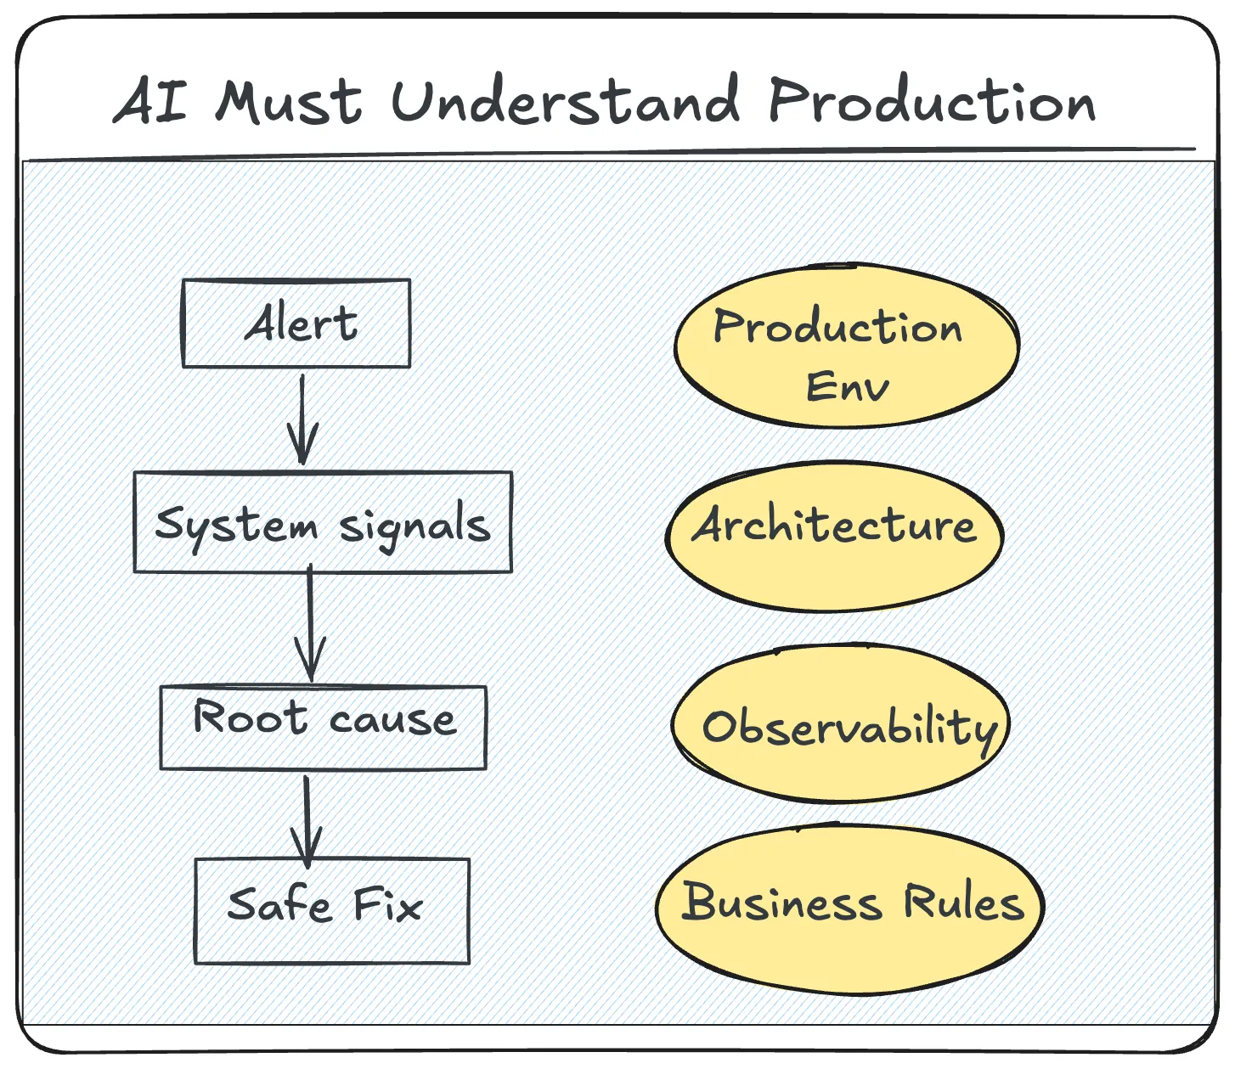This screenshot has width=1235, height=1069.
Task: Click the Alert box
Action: point(296,324)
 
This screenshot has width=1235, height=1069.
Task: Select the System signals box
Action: point(323,522)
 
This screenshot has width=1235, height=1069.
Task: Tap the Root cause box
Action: point(324,727)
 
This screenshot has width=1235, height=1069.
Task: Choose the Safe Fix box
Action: point(332,910)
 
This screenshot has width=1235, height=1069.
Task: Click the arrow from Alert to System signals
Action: point(302,419)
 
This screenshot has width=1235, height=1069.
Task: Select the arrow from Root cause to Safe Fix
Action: point(307,819)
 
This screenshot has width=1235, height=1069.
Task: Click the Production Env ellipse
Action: point(846,346)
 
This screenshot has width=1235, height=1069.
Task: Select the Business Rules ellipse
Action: point(849,909)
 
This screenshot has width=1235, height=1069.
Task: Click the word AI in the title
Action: point(152,102)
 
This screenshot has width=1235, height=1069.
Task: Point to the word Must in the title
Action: point(289,102)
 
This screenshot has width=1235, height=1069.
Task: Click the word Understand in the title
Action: point(565,102)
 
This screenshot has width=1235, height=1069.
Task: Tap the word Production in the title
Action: point(932,102)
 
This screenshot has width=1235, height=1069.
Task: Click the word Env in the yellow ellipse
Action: point(847,387)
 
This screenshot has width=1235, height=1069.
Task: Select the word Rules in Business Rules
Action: point(963,902)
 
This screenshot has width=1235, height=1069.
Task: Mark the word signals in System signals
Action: point(414,526)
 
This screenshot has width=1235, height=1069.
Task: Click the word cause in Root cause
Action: point(392,720)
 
